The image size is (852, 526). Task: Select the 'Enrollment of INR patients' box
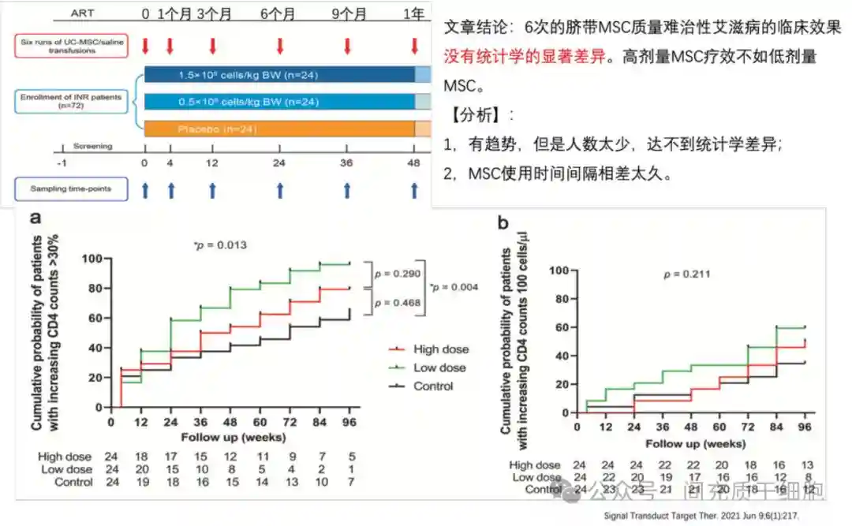point(72,101)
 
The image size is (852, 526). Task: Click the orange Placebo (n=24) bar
point(279,129)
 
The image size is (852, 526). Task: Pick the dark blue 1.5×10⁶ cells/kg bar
point(279,75)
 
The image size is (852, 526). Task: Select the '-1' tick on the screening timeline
point(62,163)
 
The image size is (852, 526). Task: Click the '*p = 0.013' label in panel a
point(220,245)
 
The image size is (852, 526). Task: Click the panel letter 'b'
point(503,222)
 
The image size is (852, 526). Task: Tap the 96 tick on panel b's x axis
point(805,427)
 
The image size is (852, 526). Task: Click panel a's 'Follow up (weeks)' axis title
point(222,436)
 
